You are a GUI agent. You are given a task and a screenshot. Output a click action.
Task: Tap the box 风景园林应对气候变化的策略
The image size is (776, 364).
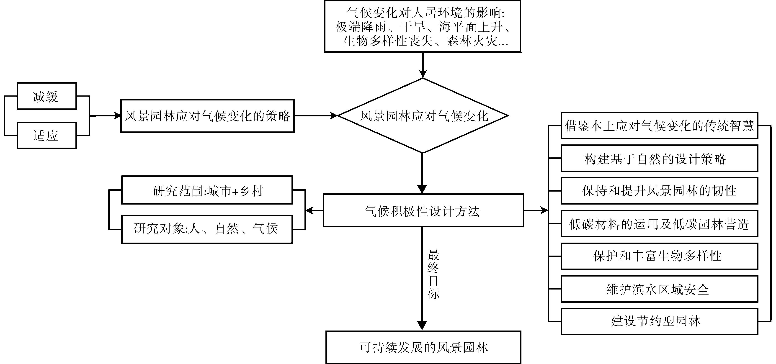click(207, 116)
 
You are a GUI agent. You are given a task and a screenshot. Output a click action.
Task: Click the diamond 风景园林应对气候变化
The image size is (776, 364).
click(423, 116)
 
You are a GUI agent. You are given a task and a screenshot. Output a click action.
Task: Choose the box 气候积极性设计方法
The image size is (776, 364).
click(423, 210)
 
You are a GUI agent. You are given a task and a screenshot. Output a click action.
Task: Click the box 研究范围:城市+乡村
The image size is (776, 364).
click(207, 190)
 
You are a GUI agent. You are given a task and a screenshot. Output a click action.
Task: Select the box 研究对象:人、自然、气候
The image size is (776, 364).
click(207, 229)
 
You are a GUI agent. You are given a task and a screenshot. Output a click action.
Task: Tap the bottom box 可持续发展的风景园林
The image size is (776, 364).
click(423, 347)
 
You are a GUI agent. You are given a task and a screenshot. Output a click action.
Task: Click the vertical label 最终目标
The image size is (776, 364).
click(433, 274)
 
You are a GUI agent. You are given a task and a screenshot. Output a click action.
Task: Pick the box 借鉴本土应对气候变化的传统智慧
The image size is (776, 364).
click(659, 126)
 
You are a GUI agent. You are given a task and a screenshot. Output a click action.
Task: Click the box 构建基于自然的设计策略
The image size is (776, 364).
click(659, 158)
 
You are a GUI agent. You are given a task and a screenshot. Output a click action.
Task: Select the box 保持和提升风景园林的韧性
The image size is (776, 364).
click(659, 191)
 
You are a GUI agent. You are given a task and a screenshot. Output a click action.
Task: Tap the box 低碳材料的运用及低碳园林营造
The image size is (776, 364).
click(659, 224)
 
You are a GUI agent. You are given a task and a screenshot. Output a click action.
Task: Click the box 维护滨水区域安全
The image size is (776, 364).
click(659, 289)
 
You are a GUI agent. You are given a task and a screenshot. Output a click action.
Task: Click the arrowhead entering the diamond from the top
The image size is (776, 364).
click(423, 74)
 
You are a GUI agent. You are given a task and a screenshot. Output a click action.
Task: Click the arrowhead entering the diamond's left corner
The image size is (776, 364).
click(334, 116)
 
